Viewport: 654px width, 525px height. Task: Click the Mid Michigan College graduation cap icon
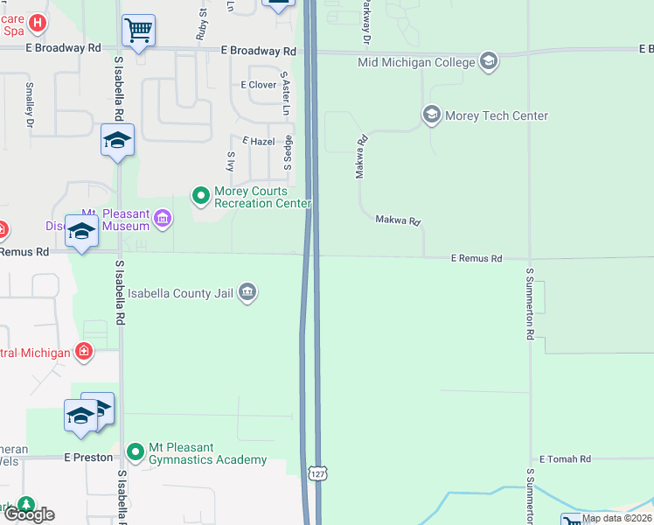coord(489,61)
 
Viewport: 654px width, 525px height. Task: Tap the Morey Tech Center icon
coord(431,115)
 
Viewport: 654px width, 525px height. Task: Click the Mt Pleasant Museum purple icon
coord(163,219)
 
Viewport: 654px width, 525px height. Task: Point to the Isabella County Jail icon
coord(247,292)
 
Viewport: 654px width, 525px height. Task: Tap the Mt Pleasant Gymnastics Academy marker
coord(135,451)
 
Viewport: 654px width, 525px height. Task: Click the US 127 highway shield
coord(316,472)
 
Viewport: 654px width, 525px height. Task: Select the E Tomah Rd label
coord(565,458)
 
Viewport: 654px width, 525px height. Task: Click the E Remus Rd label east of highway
coord(477,259)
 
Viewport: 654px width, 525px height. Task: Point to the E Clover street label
coord(258,85)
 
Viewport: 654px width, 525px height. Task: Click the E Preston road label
coord(88,457)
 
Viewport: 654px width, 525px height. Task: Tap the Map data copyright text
coord(616,518)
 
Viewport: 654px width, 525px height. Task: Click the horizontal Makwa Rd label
coord(399,221)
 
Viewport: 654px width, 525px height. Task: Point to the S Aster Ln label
coord(285,94)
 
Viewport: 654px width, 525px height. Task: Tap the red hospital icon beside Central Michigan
coord(83,351)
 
